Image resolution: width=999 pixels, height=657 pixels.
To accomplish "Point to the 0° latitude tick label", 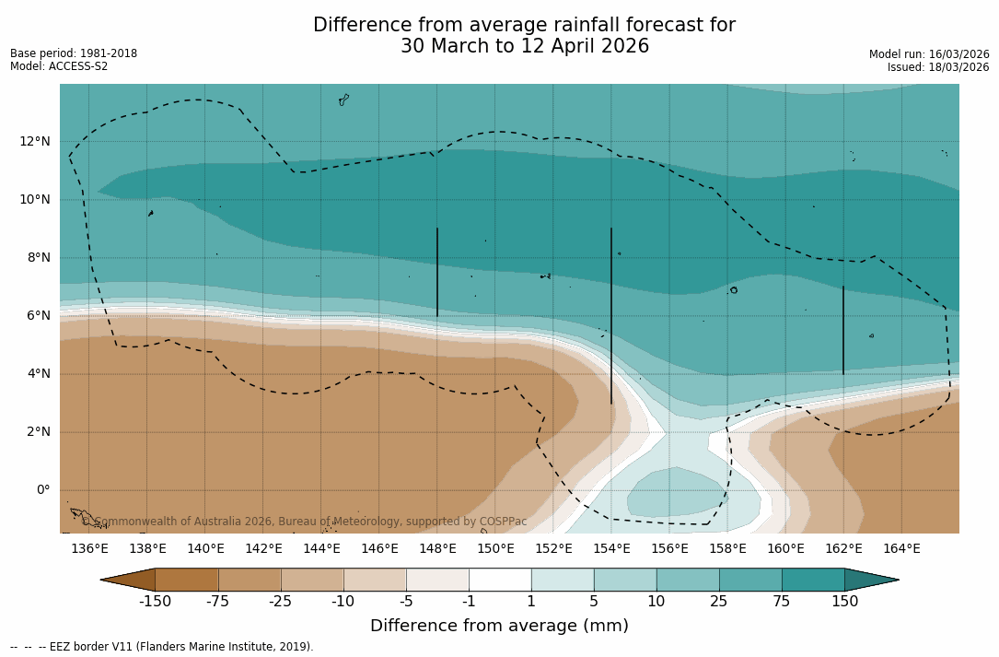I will (x=42, y=490).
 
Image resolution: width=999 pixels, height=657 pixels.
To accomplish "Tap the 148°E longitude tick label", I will (x=437, y=549).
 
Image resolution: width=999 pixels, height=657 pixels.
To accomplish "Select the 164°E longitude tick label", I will (x=901, y=549).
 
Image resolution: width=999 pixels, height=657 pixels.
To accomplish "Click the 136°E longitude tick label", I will (x=89, y=549).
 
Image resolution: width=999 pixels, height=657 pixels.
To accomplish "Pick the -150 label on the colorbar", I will (x=155, y=602).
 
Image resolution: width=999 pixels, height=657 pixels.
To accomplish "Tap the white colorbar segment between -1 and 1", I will (x=500, y=580).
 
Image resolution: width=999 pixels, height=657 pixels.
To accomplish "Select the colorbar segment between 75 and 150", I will (x=813, y=580).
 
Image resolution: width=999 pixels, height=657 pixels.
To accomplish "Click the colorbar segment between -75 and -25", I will (x=250, y=580).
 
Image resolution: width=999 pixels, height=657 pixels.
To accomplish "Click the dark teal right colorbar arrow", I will (x=869, y=580).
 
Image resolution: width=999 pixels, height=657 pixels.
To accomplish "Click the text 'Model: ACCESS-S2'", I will (x=59, y=66).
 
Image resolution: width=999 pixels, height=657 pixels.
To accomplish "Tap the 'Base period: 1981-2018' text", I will (x=74, y=53).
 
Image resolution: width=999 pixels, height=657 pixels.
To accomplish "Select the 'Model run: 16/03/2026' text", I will (x=929, y=54).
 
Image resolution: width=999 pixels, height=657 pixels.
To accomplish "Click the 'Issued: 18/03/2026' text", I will (x=938, y=67).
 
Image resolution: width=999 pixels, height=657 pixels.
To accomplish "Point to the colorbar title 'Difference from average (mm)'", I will (x=499, y=627).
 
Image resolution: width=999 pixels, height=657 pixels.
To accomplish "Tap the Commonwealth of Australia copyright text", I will (x=305, y=522).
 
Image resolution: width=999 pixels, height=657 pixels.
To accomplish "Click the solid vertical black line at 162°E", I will (x=843, y=330).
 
